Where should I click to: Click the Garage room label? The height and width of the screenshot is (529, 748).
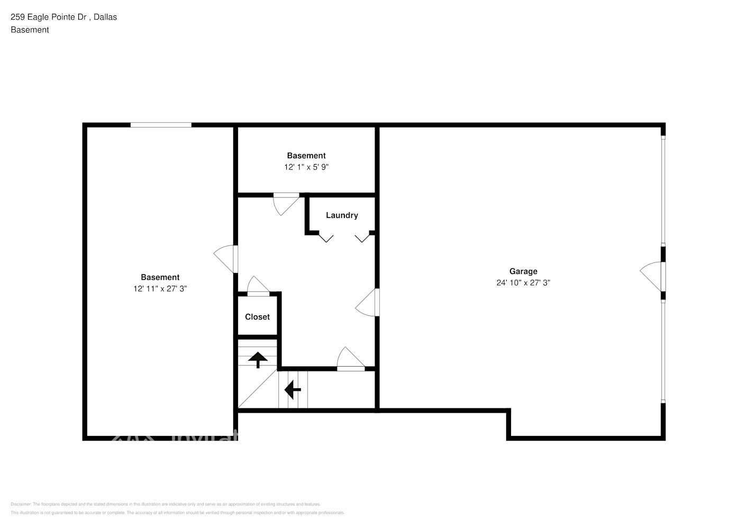523,271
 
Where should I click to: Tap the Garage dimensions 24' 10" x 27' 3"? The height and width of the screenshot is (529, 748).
523,282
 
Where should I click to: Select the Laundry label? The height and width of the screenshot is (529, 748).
342,215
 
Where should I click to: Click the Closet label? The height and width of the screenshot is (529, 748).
257,317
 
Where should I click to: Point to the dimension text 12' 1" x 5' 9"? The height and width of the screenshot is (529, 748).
306,167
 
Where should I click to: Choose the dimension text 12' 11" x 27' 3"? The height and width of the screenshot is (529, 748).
160,289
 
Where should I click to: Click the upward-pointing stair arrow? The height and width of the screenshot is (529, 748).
258,360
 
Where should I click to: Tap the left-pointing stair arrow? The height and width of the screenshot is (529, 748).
293,390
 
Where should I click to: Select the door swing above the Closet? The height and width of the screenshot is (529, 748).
258,286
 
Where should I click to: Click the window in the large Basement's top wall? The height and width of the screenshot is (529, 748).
161,125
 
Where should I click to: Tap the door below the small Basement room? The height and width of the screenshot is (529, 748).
286,204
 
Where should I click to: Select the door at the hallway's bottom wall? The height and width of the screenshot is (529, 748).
350,359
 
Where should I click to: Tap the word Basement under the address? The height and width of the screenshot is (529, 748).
30,30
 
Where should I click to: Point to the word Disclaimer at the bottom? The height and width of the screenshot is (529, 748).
21,504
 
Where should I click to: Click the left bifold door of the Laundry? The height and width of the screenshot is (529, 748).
326,238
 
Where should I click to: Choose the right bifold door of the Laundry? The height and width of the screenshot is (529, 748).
362,238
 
